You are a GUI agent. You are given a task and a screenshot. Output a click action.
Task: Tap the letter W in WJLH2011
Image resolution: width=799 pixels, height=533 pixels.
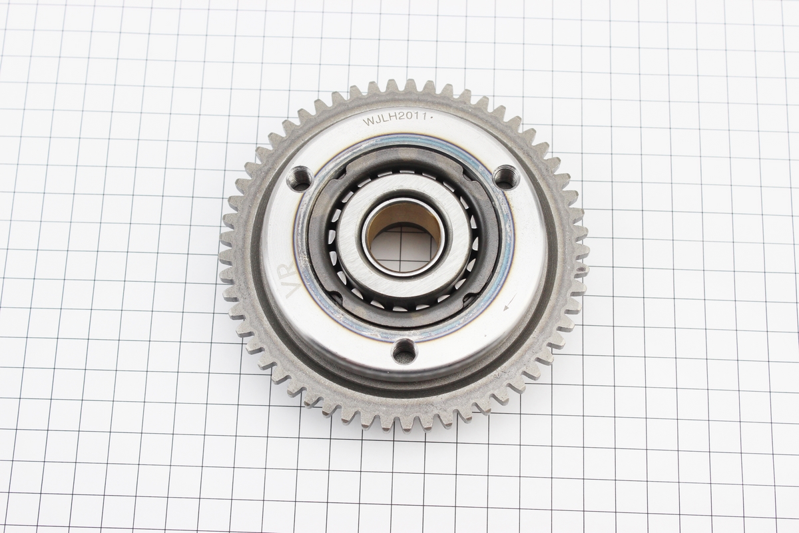368,122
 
